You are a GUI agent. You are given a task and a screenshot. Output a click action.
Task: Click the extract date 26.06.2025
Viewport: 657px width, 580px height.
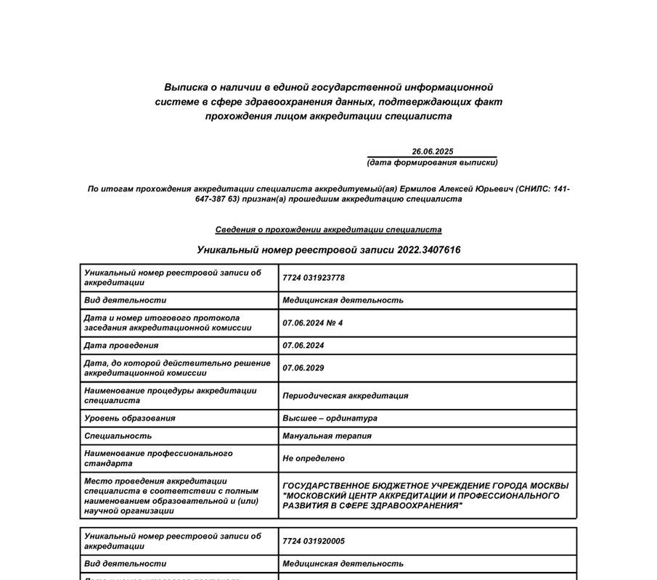click(x=432, y=152)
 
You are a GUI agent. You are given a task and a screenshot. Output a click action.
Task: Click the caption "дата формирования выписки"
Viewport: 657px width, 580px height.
click(x=432, y=162)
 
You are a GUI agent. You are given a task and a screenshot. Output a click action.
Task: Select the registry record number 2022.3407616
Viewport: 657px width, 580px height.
click(x=428, y=250)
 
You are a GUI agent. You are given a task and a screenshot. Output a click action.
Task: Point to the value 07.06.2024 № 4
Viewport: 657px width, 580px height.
click(x=312, y=323)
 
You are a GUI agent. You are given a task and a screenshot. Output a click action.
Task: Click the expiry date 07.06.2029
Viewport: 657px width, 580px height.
click(x=303, y=368)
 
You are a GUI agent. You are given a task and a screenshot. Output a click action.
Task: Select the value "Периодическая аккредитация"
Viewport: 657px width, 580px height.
click(x=345, y=396)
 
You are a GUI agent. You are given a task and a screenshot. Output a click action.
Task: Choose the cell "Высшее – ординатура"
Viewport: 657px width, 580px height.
click(x=330, y=418)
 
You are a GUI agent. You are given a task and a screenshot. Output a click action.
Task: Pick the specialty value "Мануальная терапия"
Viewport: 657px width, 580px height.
click(x=327, y=436)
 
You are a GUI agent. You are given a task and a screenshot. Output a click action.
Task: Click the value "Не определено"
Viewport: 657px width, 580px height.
click(x=314, y=459)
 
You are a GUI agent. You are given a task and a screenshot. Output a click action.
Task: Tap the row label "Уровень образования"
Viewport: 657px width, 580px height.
click(x=129, y=418)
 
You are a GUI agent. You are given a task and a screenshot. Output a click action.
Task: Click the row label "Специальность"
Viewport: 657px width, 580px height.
click(x=118, y=436)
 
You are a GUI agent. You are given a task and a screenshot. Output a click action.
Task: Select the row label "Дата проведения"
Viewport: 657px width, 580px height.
click(x=121, y=346)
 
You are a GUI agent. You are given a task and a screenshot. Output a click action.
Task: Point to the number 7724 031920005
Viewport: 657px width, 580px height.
click(x=314, y=541)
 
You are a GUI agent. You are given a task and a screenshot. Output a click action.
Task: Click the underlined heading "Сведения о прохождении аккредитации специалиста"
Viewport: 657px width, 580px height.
click(x=328, y=230)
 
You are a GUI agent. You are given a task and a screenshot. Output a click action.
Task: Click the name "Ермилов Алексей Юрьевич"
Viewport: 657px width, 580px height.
click(x=457, y=189)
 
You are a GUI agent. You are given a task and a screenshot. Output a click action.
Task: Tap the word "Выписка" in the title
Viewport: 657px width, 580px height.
click(x=184, y=87)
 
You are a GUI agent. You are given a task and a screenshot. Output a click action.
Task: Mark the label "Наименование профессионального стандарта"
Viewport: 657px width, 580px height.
click(x=158, y=458)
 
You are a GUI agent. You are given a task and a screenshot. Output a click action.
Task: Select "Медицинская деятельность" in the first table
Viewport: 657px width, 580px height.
click(x=343, y=300)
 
